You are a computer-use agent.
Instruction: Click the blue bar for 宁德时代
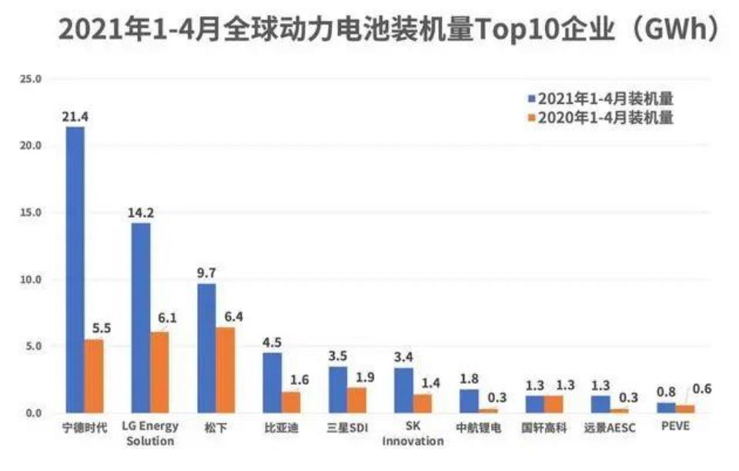(75, 269)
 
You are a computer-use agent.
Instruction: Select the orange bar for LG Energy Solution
(160, 372)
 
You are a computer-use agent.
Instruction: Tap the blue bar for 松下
(207, 348)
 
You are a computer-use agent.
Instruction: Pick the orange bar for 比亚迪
(291, 403)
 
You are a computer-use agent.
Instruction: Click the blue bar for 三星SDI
(338, 389)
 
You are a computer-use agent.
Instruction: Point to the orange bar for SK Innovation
(423, 404)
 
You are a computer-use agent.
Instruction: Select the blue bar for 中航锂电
(470, 401)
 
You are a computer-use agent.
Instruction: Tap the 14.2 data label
(142, 212)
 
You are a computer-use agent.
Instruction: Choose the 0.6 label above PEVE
(702, 389)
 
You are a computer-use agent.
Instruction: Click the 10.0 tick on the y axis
(30, 280)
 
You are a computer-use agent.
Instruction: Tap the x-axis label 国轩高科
(544, 428)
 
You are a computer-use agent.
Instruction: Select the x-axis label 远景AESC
(610, 428)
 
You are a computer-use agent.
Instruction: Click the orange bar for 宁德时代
(94, 376)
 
